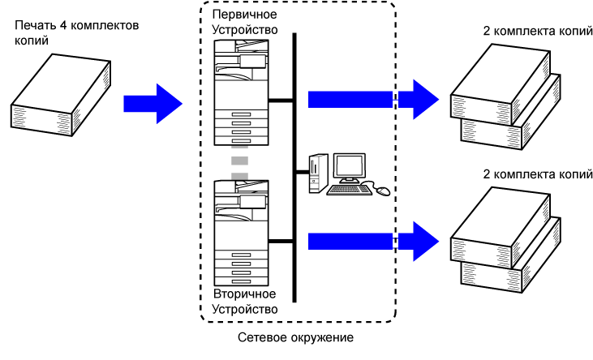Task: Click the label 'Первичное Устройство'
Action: tap(244, 22)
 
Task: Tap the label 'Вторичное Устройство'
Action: tap(245, 302)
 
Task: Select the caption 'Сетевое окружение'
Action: tap(296, 337)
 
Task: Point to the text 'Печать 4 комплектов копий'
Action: tap(77, 32)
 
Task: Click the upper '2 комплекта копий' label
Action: tap(538, 31)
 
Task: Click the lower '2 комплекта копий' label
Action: tap(538, 174)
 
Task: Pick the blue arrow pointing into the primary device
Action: tap(153, 104)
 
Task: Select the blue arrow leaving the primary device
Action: tap(374, 100)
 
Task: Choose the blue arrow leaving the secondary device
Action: tap(374, 242)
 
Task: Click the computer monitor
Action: tap(350, 169)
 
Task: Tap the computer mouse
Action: tap(383, 191)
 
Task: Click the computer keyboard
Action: tap(349, 190)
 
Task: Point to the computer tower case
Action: tap(318, 174)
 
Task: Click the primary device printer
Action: tap(241, 92)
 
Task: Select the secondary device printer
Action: tap(241, 233)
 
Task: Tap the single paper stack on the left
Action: tap(61, 95)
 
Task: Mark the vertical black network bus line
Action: tap(294, 168)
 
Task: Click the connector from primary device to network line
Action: tap(281, 101)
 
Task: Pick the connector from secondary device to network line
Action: tap(281, 242)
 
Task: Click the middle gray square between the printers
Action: tap(240, 161)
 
